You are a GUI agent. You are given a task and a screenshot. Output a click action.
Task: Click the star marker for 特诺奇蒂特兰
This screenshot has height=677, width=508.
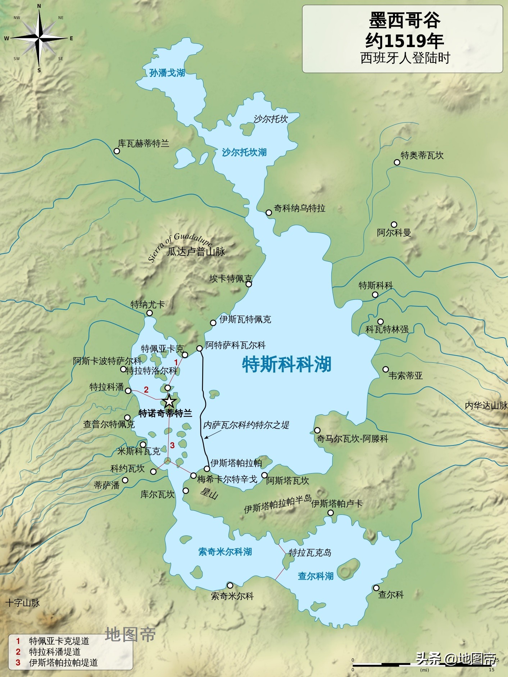pyautogui.click(x=169, y=401)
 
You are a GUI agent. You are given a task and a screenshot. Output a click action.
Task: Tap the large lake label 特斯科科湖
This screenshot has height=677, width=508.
pyautogui.click(x=286, y=364)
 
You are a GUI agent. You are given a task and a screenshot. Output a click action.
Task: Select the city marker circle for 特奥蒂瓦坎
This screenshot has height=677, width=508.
pyautogui.click(x=397, y=162)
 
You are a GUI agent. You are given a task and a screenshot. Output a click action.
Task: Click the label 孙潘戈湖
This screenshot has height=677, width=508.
pyautogui.click(x=167, y=73)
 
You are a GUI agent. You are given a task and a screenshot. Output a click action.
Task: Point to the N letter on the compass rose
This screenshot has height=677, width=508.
pyautogui.click(x=39, y=6)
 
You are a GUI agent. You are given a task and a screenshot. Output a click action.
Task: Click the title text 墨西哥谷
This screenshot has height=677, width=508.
pyautogui.click(x=404, y=20)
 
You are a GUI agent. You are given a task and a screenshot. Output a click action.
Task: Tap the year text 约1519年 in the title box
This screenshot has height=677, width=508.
pyautogui.click(x=404, y=41)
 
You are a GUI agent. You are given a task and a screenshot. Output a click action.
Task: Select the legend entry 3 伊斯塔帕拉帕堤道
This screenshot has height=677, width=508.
pyautogui.click(x=58, y=663)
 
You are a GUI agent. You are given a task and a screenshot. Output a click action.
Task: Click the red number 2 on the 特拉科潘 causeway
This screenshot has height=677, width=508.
pyautogui.click(x=146, y=389)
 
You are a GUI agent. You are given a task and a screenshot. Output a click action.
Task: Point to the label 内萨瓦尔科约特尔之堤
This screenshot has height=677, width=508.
pyautogui.click(x=246, y=425)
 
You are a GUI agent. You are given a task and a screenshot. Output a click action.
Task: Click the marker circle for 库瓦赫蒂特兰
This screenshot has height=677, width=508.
pyautogui.click(x=117, y=151)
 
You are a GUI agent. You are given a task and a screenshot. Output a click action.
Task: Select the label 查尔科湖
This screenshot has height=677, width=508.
pyautogui.click(x=316, y=576)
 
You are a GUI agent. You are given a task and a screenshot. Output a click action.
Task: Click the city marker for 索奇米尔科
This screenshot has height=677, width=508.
pyautogui.click(x=230, y=585)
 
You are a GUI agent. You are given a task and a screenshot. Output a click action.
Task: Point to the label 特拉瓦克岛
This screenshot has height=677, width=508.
pyautogui.click(x=310, y=553)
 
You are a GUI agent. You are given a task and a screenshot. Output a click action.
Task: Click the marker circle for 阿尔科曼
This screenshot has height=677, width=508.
pyautogui.click(x=394, y=225)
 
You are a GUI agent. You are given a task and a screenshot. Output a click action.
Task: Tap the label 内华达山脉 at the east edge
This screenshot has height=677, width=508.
pyautogui.click(x=486, y=406)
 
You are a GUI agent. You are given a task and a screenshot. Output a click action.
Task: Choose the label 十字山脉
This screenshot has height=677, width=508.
pyautogui.click(x=23, y=603)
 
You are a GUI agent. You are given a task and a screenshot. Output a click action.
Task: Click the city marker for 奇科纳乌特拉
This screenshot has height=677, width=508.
pyautogui.click(x=268, y=212)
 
